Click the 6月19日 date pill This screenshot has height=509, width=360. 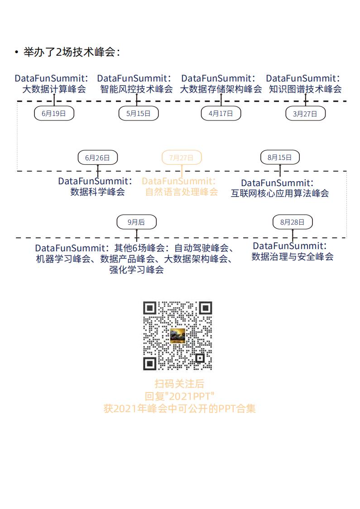(54, 113)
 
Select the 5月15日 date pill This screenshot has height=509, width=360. (139, 113)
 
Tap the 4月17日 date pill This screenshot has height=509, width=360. (221, 113)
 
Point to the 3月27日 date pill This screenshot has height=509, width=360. (305, 114)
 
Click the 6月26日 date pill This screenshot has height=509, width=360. (98, 158)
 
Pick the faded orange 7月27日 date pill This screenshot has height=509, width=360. (182, 158)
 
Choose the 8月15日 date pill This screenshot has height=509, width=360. (280, 157)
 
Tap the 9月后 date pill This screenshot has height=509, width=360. (136, 222)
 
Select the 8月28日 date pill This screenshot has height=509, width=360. (293, 222)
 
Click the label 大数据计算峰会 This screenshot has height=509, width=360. (54, 89)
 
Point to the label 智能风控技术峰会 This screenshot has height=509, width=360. (136, 89)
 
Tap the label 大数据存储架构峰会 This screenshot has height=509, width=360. (221, 89)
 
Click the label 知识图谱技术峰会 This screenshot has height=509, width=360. (305, 89)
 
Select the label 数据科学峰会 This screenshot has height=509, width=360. (97, 192)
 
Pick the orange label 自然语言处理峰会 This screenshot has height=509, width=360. (182, 192)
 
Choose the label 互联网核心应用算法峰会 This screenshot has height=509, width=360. (280, 193)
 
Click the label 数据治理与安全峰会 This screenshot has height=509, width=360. (293, 256)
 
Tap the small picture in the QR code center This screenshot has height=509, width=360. (178, 336)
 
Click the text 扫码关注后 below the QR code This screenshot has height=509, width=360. (179, 384)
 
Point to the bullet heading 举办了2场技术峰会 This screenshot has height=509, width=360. (72, 52)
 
